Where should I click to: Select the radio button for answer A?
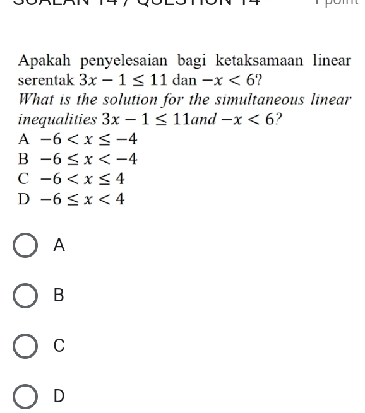(26, 246)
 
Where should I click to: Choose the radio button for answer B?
(26, 296)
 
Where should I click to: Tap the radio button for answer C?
(26, 346)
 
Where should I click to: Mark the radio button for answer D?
(26, 396)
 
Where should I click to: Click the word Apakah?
(43, 61)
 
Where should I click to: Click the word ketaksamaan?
(256, 61)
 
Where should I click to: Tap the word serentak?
(46, 81)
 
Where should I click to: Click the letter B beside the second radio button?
(59, 296)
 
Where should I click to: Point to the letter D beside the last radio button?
(59, 396)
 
